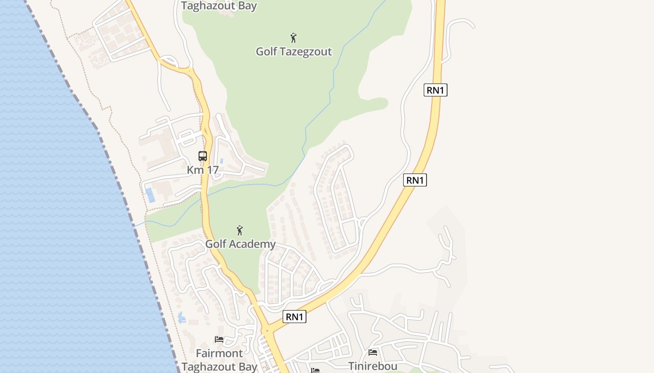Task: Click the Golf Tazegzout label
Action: point(293,51)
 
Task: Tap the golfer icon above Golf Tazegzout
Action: point(293,37)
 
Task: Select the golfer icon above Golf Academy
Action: point(240,230)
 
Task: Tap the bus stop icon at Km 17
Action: point(203,156)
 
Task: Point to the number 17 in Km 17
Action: point(212,170)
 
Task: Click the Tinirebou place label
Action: point(373,366)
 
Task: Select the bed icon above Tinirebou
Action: point(373,352)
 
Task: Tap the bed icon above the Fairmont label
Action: point(219,339)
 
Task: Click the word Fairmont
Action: point(220,353)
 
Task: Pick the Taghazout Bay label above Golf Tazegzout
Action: point(219,6)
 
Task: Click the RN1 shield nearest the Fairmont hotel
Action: point(294,317)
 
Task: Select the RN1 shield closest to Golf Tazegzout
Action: point(435,90)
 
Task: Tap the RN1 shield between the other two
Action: point(415,180)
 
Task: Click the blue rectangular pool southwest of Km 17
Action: point(150,195)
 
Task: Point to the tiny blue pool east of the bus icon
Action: point(221,161)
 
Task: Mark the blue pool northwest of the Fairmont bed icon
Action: point(181,318)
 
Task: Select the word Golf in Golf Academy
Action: point(216,244)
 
